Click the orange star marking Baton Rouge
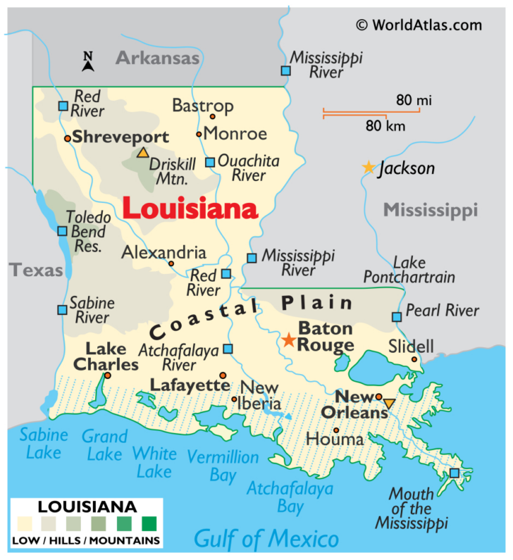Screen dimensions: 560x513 point(288,340)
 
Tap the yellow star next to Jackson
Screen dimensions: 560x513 point(368,168)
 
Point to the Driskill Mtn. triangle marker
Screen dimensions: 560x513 point(143,152)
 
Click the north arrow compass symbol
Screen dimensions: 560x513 point(88,63)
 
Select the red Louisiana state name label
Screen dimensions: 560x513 point(190,209)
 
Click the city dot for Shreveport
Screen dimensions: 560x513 point(67,139)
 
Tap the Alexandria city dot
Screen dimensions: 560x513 point(171,263)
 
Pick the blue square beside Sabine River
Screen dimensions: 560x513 point(63,310)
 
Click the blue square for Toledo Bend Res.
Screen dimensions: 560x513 point(63,231)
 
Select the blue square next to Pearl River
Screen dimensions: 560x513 point(397,317)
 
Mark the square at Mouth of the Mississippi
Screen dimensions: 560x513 point(455,473)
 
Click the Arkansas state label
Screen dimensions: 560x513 point(157,58)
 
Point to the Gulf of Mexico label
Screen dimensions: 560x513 point(266,540)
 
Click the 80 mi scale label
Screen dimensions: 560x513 point(413,101)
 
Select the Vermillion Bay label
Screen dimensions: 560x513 point(223,466)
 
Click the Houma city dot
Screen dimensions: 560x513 point(337,430)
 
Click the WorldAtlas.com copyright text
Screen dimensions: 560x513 point(419,25)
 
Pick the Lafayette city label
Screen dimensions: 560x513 point(190,385)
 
